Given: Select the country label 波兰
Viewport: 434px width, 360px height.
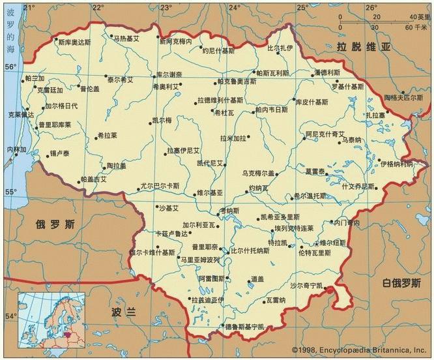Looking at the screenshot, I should (123, 312).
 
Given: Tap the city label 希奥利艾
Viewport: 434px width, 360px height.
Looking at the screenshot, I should (165, 86).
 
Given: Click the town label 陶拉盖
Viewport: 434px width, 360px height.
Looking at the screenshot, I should (119, 166).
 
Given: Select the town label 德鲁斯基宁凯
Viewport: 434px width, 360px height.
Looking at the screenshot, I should (245, 326).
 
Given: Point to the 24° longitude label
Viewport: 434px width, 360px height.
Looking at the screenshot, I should (235, 7).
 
